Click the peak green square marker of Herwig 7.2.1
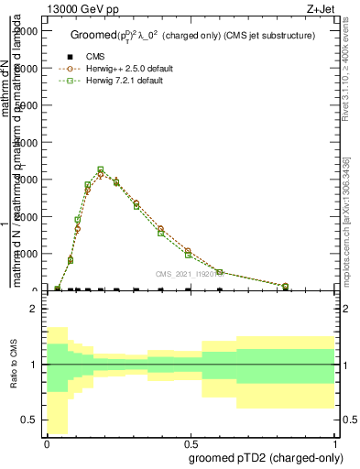pyautogui.click(x=101, y=169)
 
